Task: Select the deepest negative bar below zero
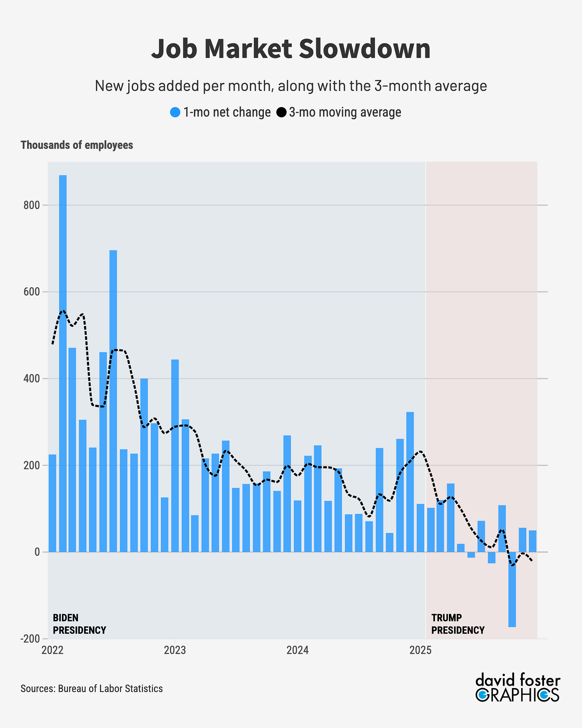512,589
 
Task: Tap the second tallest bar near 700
113,400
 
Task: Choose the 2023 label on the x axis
175,650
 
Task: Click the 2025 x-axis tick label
420,650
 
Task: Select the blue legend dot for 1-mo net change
175,113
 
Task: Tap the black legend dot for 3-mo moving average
281,113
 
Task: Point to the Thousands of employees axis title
77,145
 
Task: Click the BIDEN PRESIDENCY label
79,624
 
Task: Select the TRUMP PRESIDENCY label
458,624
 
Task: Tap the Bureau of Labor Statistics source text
110,688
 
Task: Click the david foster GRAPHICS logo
517,688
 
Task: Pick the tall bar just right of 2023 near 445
175,456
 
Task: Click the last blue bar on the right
532,541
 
